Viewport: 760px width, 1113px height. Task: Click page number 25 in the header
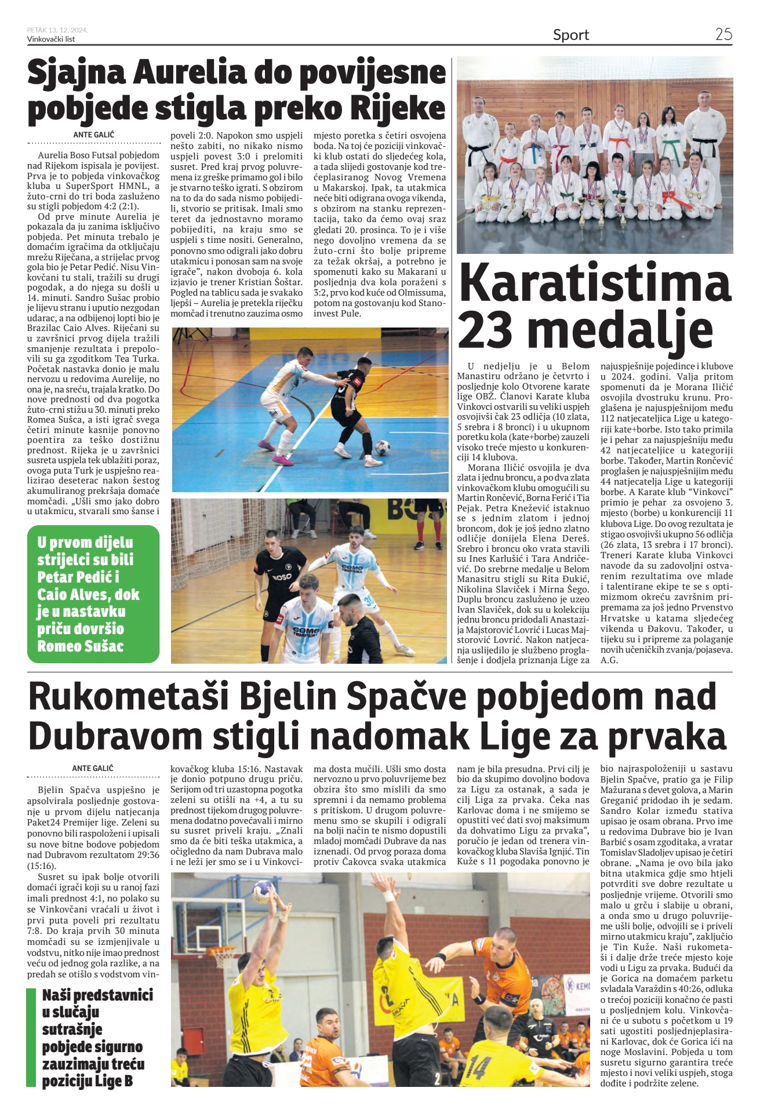click(x=723, y=34)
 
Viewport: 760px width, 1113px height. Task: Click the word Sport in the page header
click(x=570, y=35)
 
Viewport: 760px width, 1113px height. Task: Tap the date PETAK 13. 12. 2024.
click(x=57, y=30)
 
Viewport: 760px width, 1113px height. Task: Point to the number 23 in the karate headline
click(x=486, y=330)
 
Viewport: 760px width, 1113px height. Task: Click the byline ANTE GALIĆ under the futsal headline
click(x=94, y=134)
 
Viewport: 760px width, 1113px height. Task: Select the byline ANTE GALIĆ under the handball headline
click(x=93, y=768)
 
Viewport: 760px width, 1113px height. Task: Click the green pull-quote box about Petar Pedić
click(x=93, y=594)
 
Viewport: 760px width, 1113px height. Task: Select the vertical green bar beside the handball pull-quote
click(x=31, y=1038)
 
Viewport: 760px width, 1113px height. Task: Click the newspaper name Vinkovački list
click(x=51, y=39)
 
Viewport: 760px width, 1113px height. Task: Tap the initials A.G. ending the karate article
click(x=609, y=660)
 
